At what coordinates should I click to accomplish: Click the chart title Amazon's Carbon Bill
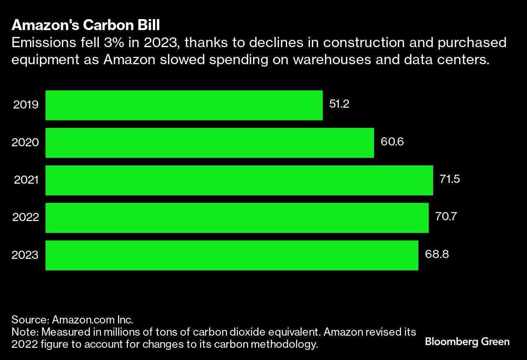[x=86, y=25]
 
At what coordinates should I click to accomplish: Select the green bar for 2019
[x=184, y=105]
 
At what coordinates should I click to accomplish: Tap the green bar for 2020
[x=209, y=143]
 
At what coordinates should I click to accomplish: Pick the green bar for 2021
[x=239, y=180]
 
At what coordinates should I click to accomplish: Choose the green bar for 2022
[x=237, y=218]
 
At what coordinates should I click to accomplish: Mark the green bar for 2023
[x=232, y=255]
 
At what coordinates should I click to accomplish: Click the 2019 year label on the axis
[x=26, y=105]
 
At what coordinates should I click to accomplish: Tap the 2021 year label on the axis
[x=26, y=180]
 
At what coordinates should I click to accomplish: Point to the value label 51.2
[x=339, y=104]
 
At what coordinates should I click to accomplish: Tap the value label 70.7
[x=446, y=217]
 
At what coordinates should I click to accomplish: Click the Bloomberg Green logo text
[x=467, y=341]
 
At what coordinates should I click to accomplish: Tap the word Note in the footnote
[x=22, y=332]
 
